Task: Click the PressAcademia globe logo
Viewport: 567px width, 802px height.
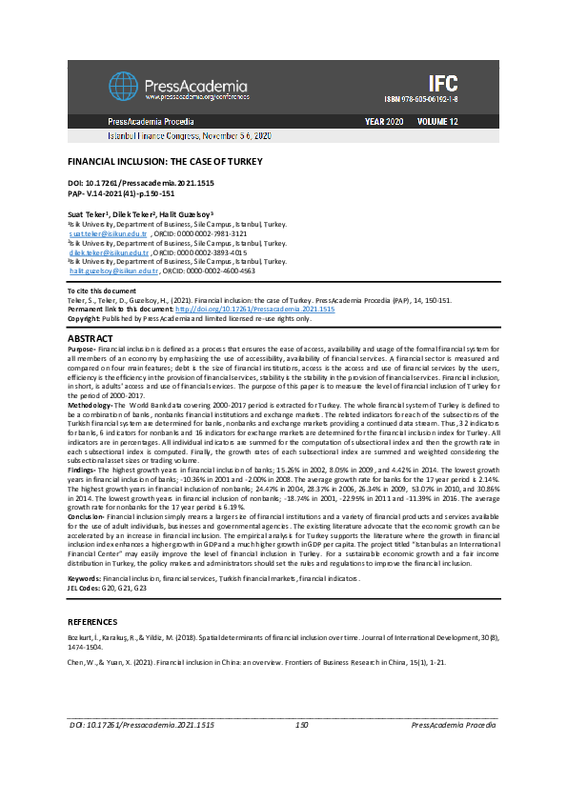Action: click(125, 87)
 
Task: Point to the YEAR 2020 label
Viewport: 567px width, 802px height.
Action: click(384, 123)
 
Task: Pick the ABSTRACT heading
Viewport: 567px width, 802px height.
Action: click(91, 339)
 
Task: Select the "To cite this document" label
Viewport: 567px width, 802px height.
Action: click(100, 290)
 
